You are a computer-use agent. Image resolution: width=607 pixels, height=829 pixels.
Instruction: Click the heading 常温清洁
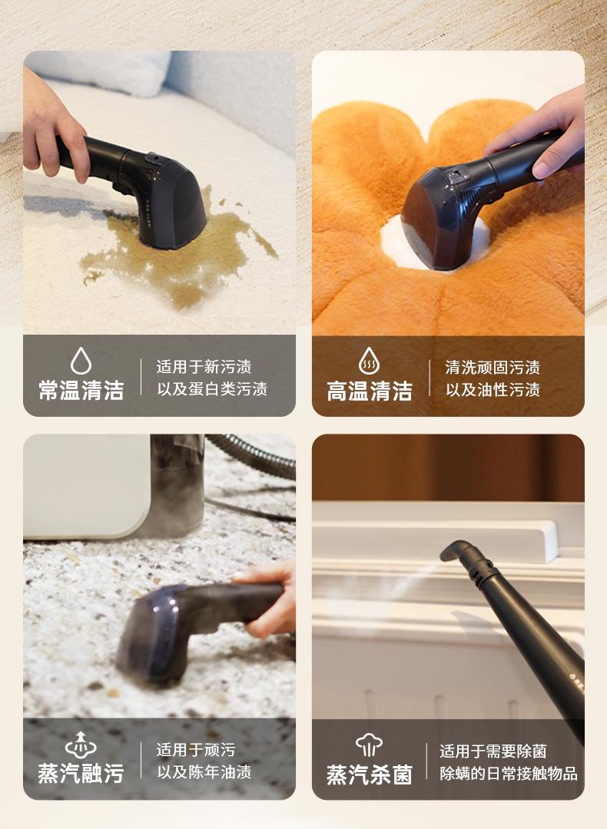click(x=81, y=390)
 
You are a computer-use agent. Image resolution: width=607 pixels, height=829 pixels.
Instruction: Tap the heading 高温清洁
click(x=370, y=391)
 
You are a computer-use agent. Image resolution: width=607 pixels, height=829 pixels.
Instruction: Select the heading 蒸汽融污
click(x=81, y=773)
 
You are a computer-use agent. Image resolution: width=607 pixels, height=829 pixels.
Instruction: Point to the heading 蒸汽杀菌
click(x=370, y=775)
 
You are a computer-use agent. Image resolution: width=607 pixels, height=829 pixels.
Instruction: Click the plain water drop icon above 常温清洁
click(x=81, y=361)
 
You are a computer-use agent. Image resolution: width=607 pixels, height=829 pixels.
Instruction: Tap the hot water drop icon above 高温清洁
click(x=370, y=361)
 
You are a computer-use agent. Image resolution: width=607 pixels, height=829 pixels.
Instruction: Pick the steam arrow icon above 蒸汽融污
click(x=81, y=745)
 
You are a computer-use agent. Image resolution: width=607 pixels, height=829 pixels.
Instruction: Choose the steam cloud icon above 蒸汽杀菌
click(x=369, y=745)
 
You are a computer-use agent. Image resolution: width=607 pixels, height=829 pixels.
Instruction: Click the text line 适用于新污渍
click(x=204, y=366)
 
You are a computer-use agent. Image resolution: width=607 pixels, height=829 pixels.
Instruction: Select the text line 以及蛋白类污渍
click(x=212, y=388)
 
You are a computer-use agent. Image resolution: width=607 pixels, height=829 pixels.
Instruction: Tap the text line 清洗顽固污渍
click(x=493, y=367)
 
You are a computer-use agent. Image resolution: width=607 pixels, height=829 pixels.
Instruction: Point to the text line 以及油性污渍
click(x=493, y=390)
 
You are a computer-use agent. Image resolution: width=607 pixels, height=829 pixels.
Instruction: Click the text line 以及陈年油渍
click(x=204, y=772)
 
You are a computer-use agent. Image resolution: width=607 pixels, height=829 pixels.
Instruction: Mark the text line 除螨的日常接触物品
click(x=508, y=773)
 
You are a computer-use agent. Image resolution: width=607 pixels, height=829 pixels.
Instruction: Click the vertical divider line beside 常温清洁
click(x=141, y=376)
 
